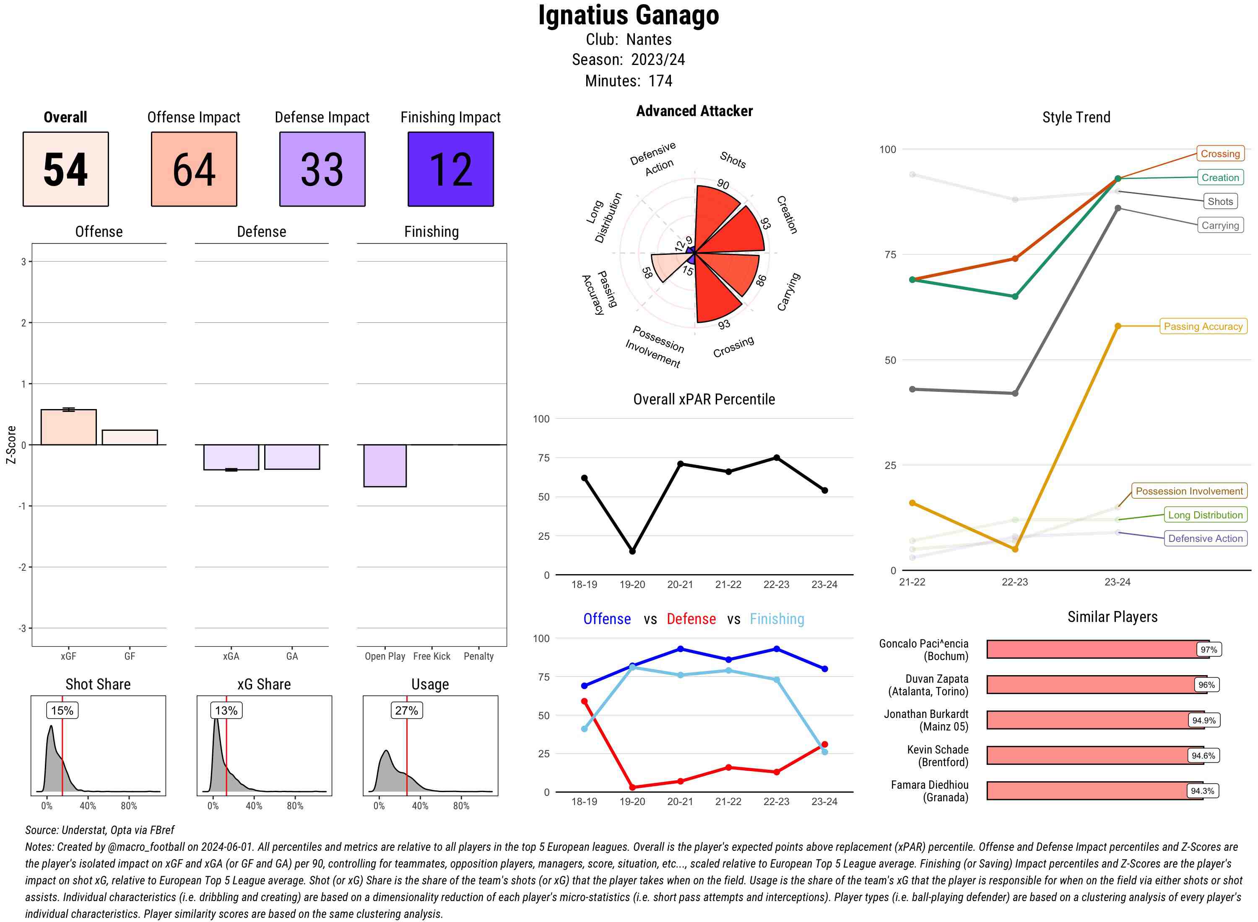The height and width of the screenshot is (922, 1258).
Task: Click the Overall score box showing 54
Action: (x=65, y=169)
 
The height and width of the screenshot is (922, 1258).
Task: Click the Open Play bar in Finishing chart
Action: (x=385, y=466)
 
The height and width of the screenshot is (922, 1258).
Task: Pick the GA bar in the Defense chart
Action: (x=292, y=457)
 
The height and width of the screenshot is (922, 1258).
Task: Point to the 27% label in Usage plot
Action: (x=406, y=710)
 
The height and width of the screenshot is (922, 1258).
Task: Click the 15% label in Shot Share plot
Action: (x=62, y=710)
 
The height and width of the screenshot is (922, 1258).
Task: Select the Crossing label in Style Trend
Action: (x=1219, y=153)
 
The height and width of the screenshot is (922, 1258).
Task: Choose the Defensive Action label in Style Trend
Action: (x=1205, y=539)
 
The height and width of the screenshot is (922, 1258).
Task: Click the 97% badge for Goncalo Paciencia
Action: (x=1208, y=650)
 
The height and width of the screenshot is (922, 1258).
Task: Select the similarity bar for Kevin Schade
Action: (x=1094, y=756)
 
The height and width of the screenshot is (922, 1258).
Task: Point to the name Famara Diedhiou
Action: (x=929, y=785)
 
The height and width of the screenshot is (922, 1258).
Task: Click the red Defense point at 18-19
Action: (x=584, y=702)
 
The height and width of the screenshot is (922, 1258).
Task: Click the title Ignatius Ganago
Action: (x=629, y=16)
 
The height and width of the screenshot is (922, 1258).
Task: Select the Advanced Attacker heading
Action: (x=694, y=111)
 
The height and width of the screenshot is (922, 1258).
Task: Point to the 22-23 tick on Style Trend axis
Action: (x=1014, y=582)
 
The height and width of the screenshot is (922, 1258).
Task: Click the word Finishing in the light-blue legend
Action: (x=777, y=619)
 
